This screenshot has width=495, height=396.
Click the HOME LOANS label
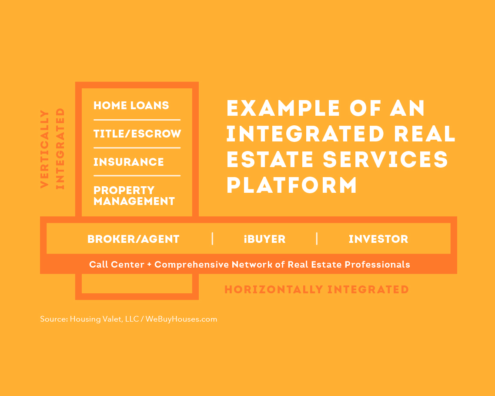131,105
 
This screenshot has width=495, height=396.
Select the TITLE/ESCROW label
137,134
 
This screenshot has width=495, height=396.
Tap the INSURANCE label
128,162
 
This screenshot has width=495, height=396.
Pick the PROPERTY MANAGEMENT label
134,196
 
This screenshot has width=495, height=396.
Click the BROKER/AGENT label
133,239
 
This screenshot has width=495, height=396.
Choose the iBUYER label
264,239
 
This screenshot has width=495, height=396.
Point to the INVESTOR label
378,239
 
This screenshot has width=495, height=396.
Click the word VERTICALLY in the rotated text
45,149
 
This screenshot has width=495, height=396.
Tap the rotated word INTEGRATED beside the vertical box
60,149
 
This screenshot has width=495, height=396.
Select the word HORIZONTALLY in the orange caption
274,289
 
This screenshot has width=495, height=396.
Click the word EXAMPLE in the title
283,108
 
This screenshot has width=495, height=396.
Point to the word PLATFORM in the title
292,185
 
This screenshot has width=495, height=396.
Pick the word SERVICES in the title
385,159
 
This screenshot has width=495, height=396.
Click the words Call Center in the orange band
117,264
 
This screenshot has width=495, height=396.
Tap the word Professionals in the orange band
377,264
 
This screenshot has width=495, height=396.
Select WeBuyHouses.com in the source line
181,319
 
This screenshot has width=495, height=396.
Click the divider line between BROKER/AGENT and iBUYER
212,239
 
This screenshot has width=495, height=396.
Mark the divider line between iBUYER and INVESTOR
317,239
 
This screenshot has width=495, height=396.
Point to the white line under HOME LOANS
137,120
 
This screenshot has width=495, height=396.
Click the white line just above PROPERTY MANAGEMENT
137,175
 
